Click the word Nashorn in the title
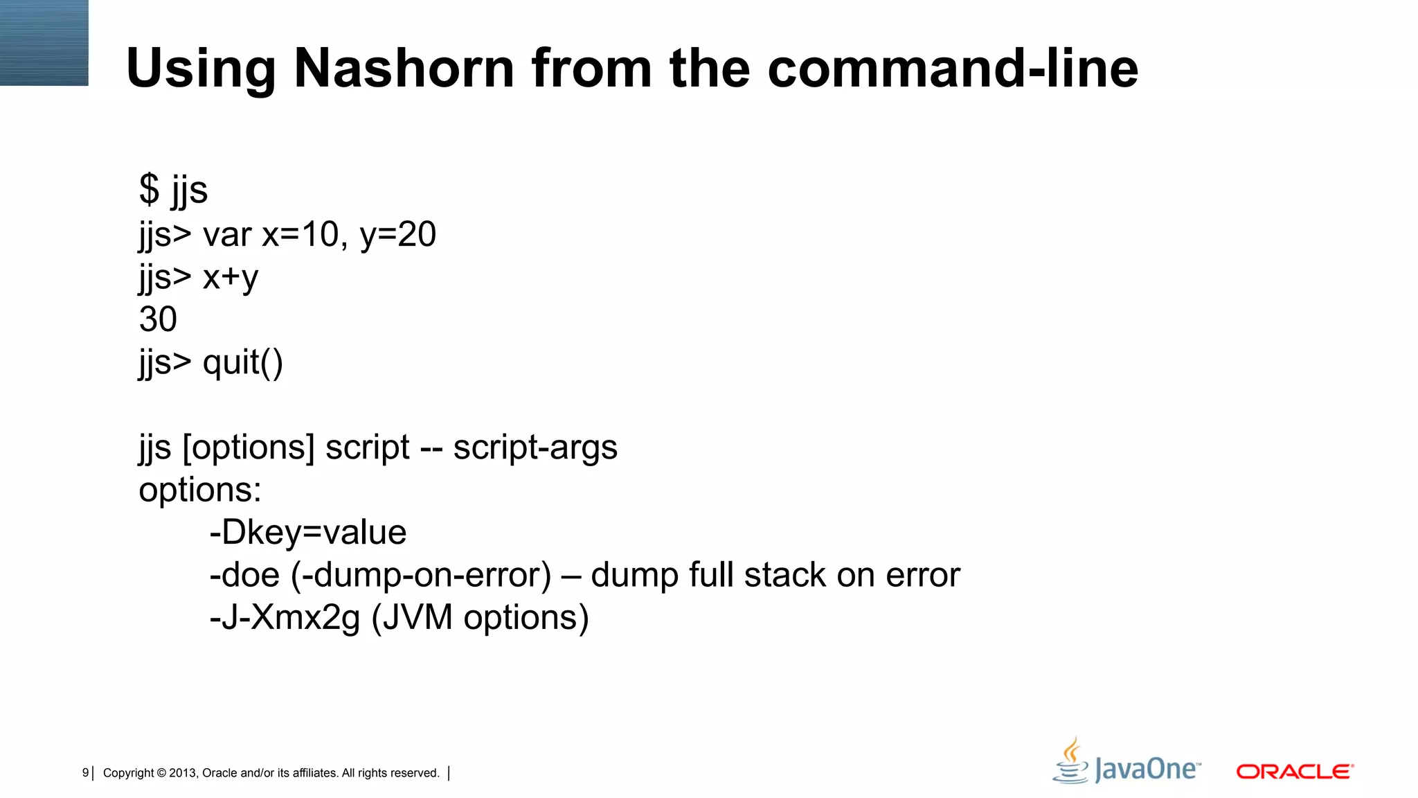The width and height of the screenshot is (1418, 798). [x=404, y=68]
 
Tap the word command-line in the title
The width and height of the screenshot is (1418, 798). [x=953, y=68]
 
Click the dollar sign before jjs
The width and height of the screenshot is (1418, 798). [x=149, y=189]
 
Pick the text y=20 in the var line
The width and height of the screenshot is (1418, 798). [x=398, y=234]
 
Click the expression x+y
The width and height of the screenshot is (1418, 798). [x=231, y=277]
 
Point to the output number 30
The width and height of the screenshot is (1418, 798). [x=158, y=319]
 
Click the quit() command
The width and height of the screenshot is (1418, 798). [x=242, y=362]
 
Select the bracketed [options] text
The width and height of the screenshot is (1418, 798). [x=249, y=447]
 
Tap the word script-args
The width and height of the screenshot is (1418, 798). [x=535, y=447]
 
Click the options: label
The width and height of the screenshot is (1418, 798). [x=200, y=490]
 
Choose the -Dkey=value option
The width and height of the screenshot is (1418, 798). [x=308, y=533]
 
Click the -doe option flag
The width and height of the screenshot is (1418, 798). [x=244, y=575]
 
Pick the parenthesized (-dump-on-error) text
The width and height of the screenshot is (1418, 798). [x=421, y=575]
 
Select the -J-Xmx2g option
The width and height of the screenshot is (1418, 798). [x=285, y=617]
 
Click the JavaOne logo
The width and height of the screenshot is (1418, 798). [x=1127, y=762]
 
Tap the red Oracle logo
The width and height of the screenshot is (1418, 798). [x=1295, y=771]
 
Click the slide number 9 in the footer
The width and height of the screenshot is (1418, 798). [x=85, y=773]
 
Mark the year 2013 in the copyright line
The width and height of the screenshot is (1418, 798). [x=183, y=773]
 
